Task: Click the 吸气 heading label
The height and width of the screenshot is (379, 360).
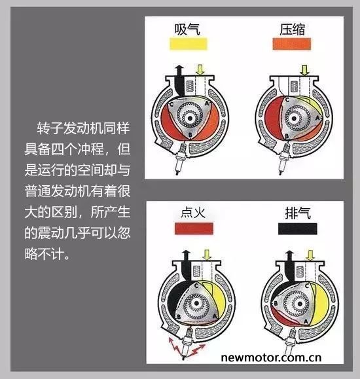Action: [x=187, y=29]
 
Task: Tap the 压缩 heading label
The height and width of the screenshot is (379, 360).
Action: [x=292, y=29]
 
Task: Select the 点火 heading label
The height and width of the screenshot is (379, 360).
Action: [x=193, y=213]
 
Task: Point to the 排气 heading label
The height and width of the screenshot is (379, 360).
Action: [x=298, y=213]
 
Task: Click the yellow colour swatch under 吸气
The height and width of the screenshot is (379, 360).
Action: [x=188, y=44]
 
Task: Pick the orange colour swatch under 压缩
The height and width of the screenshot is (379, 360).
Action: [x=291, y=44]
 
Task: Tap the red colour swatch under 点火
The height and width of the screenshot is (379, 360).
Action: [x=194, y=228]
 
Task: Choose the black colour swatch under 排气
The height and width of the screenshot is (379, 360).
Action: [x=297, y=228]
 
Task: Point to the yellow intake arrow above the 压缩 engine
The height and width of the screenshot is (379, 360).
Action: [x=304, y=69]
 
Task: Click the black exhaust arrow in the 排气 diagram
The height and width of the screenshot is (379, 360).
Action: [x=289, y=266]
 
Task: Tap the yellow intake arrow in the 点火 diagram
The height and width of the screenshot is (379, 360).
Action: [x=207, y=255]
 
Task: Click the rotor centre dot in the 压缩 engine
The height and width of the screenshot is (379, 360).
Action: [x=294, y=118]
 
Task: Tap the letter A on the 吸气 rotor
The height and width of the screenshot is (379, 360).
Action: [x=207, y=103]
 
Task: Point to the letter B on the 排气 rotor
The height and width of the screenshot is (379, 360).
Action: [x=275, y=303]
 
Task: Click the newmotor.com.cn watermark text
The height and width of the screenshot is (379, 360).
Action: [x=271, y=357]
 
